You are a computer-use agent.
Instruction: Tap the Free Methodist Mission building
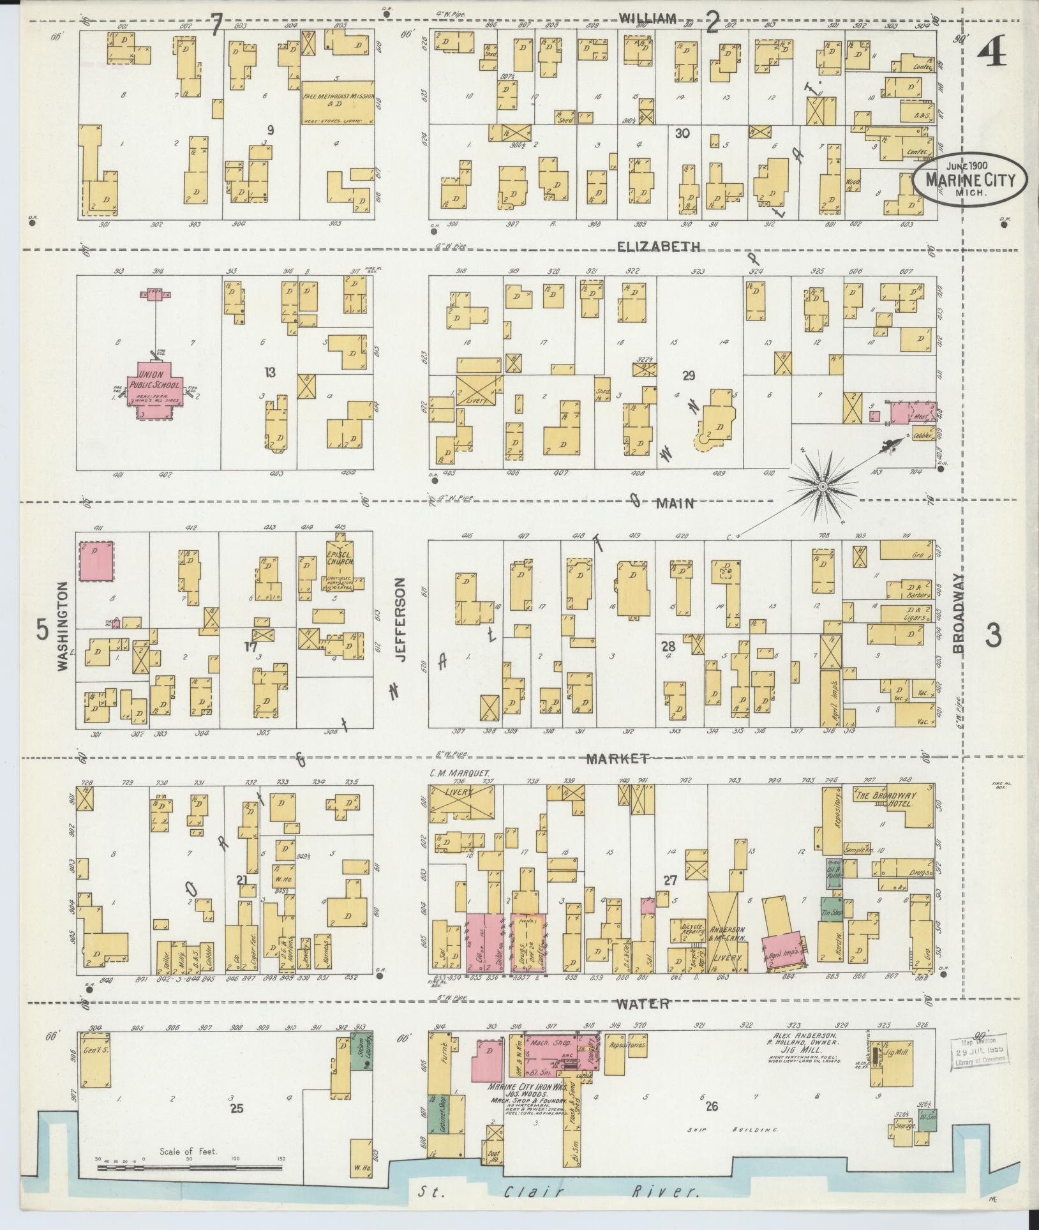click(337, 102)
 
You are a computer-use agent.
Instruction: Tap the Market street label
click(618, 759)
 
